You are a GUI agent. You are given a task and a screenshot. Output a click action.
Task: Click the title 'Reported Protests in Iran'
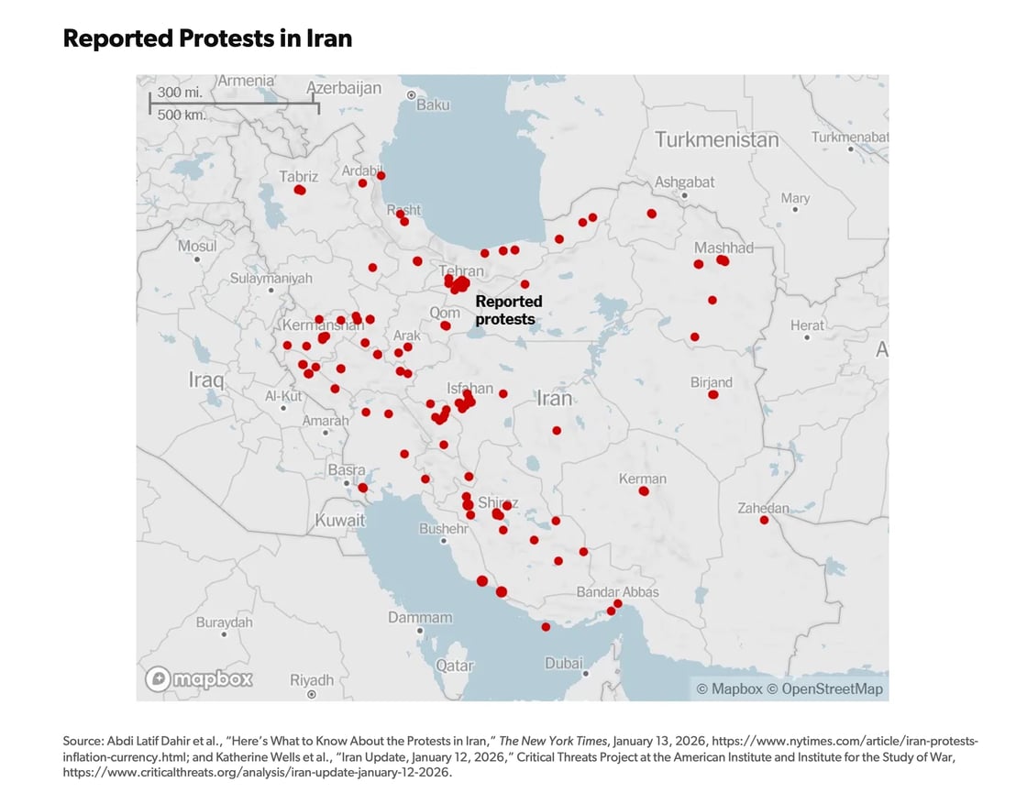207,39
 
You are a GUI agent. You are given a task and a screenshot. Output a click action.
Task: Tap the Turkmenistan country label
716,140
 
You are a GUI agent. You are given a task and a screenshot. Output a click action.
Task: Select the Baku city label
433,105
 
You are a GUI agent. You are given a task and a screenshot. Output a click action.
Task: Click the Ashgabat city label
684,182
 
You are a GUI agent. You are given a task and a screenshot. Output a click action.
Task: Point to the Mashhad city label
723,248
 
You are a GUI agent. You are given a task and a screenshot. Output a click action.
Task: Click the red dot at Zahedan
764,521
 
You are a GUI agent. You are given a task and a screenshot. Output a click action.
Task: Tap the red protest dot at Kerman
644,491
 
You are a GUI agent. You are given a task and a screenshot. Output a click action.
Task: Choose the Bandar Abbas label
617,592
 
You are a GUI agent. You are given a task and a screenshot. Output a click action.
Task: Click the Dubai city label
563,663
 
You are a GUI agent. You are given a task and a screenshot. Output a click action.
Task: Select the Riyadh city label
312,680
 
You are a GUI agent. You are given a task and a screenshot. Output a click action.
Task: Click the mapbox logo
199,679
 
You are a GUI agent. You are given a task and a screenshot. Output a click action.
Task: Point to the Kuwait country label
339,520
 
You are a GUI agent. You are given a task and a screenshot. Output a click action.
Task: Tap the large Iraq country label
206,380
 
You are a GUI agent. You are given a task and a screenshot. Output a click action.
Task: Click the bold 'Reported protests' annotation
508,310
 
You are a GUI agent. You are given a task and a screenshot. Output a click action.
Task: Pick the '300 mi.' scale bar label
180,93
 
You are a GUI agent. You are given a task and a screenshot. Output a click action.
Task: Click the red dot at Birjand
713,395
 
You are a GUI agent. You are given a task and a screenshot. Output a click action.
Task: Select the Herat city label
807,325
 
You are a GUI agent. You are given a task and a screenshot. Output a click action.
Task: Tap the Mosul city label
197,246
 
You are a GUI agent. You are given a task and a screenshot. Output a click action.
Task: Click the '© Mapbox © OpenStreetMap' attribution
790,689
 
